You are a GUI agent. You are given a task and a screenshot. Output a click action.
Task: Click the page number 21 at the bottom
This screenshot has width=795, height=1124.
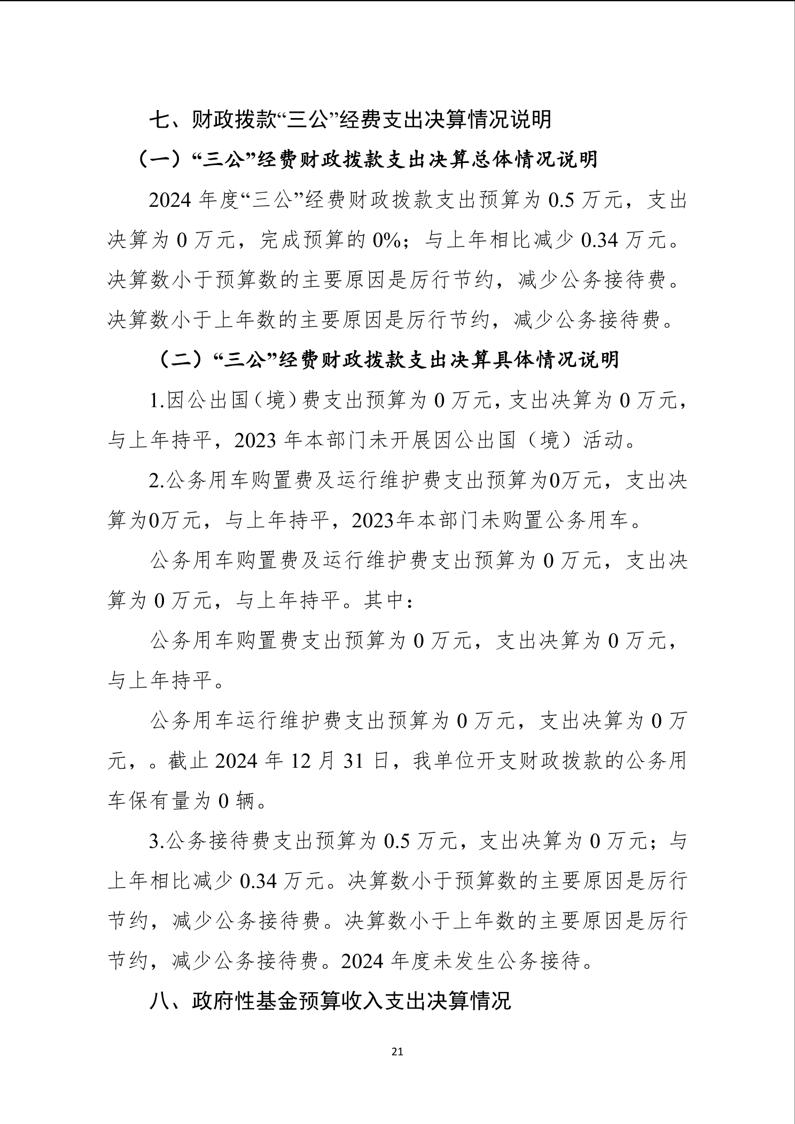(397, 1052)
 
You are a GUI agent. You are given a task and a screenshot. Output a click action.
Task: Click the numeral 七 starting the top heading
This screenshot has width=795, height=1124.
(159, 120)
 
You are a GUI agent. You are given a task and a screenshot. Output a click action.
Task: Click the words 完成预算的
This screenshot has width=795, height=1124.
(314, 240)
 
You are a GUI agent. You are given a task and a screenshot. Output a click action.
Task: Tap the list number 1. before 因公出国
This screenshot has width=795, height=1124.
(158, 400)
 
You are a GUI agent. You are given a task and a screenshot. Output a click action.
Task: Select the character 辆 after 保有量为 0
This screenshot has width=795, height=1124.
(245, 801)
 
